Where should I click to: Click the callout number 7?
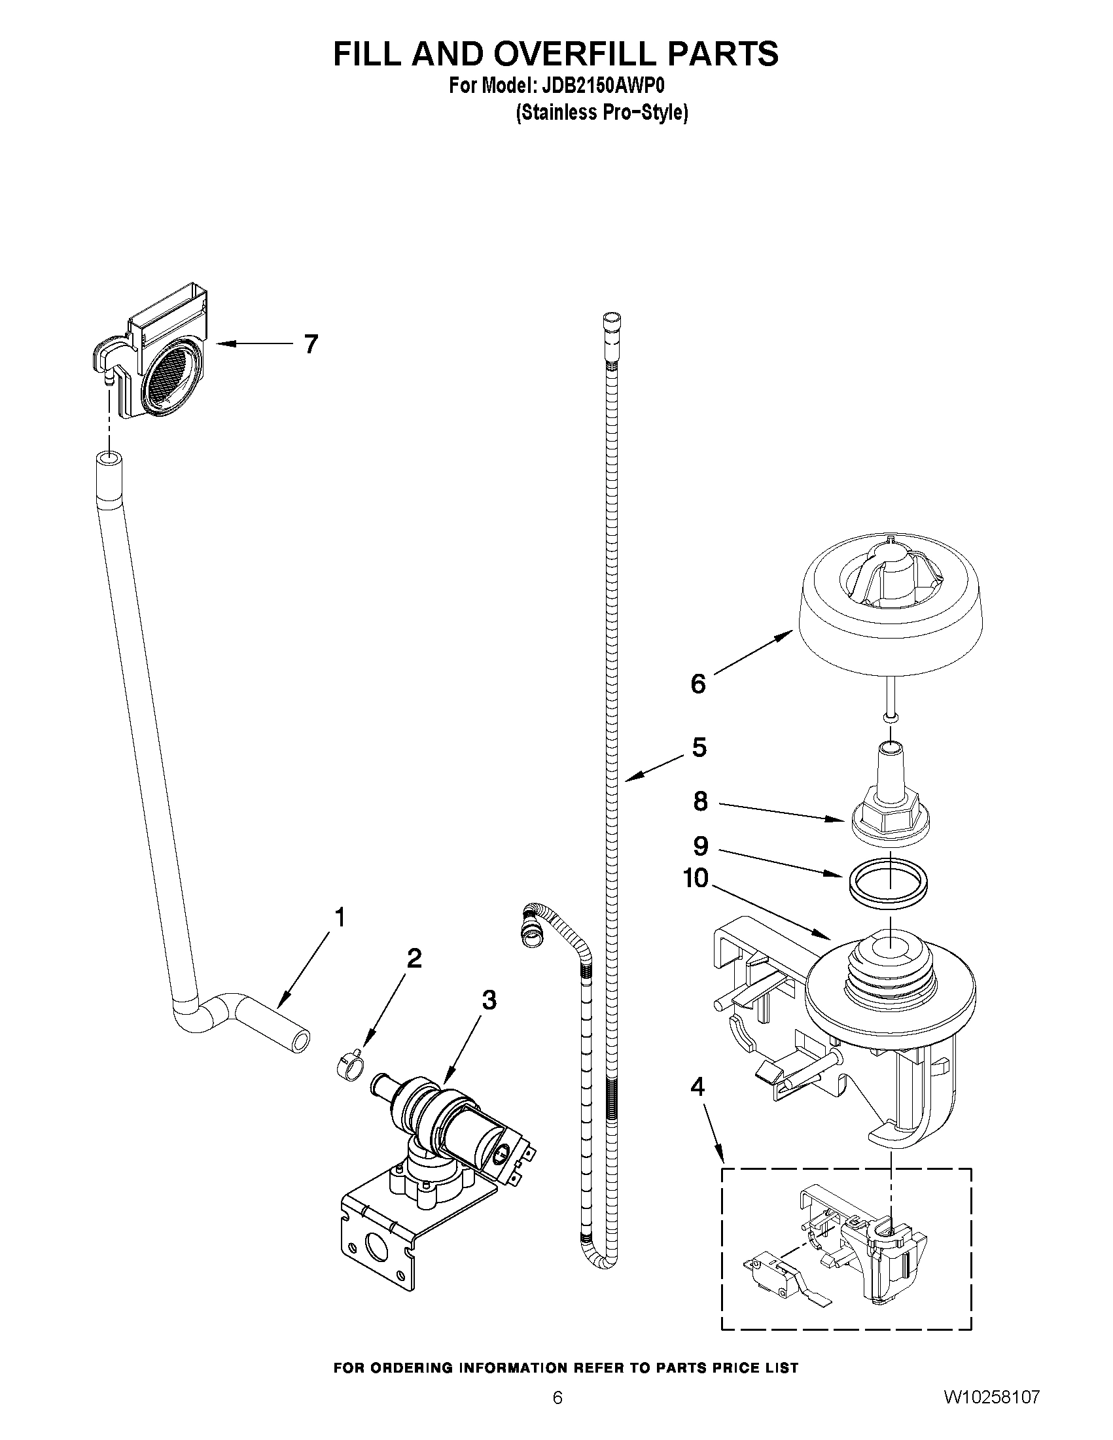(311, 343)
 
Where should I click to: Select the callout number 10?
(696, 878)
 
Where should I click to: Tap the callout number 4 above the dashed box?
(697, 1086)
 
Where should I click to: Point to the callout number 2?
(414, 958)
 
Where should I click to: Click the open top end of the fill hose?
(109, 458)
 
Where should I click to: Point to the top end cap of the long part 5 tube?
(612, 321)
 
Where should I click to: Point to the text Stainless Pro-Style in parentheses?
(601, 113)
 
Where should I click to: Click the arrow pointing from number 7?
(254, 343)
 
